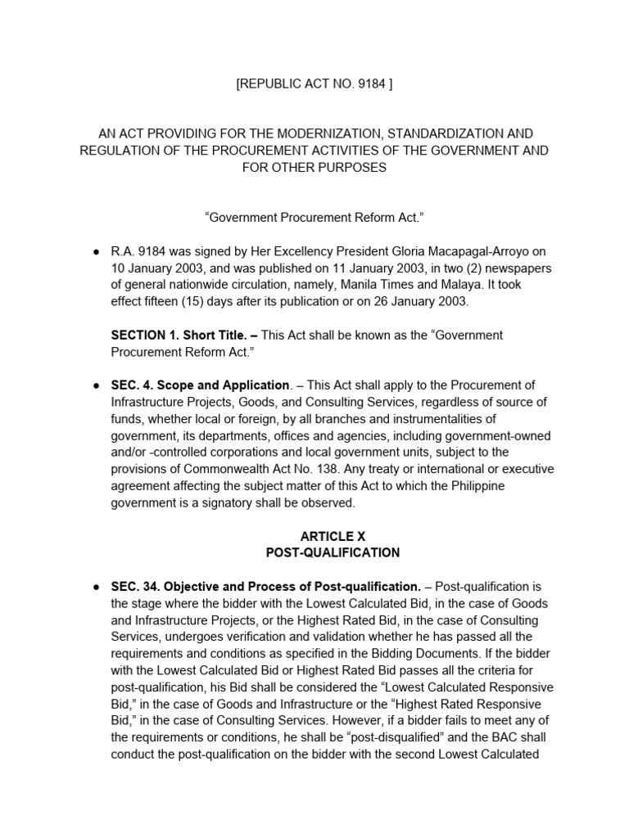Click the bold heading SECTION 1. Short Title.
tap(176, 335)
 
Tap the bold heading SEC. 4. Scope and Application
tap(200, 385)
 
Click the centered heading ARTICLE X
tap(333, 536)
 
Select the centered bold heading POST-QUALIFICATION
tap(333, 552)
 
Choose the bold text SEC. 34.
tap(135, 587)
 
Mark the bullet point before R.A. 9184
tap(96, 250)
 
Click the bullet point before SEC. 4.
tap(96, 385)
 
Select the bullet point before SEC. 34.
tap(96, 587)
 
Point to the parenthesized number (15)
tap(205, 300)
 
